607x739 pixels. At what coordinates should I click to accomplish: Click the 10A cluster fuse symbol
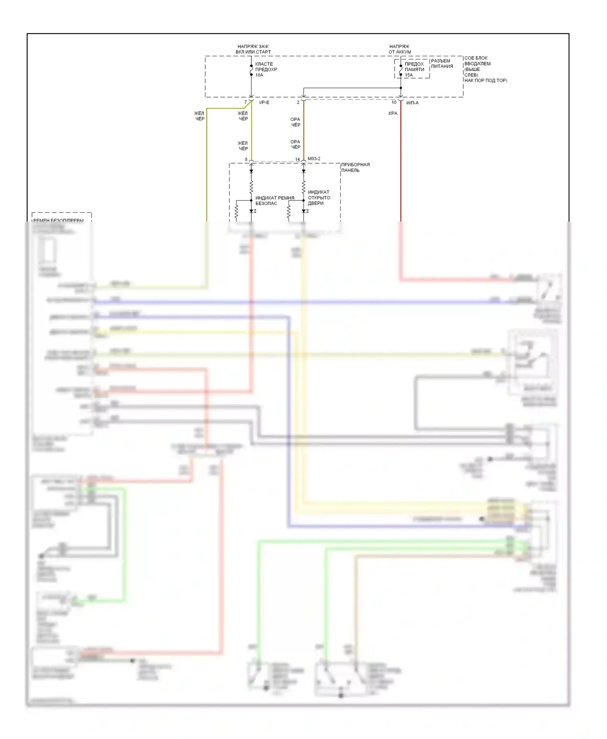[x=251, y=70]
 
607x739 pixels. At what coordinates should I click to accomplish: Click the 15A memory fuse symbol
[x=401, y=70]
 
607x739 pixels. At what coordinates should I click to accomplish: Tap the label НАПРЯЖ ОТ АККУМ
[x=399, y=49]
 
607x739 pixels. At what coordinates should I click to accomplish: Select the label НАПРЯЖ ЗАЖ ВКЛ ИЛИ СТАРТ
[x=253, y=49]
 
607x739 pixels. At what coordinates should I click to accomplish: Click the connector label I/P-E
[x=264, y=103]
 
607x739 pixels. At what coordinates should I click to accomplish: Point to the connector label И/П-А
[x=412, y=103]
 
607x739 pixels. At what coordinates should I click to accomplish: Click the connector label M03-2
[x=314, y=158]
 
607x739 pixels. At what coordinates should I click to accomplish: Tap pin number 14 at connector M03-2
[x=297, y=160]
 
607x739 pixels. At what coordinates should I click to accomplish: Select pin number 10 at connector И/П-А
[x=394, y=102]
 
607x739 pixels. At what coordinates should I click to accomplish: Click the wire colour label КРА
[x=393, y=113]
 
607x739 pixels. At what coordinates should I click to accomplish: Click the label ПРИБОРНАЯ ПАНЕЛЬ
[x=355, y=167]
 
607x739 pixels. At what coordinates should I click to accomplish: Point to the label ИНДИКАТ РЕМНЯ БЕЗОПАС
[x=274, y=201]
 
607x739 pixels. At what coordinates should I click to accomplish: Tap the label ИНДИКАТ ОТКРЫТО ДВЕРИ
[x=319, y=198]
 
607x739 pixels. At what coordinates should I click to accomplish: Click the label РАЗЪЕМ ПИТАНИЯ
[x=442, y=63]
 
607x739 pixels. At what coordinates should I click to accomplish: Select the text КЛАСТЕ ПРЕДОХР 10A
[x=266, y=70]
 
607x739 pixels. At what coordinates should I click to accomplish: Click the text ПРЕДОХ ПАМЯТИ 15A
[x=414, y=70]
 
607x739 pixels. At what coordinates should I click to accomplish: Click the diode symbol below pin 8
[x=251, y=171]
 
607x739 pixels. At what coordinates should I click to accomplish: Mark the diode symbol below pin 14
[x=303, y=171]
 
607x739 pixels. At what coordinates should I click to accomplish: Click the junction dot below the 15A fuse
[x=401, y=88]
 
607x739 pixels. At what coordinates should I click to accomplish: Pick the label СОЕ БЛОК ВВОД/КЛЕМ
[x=478, y=61]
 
